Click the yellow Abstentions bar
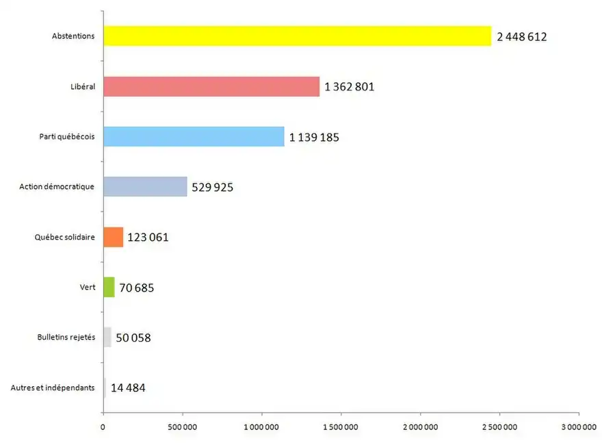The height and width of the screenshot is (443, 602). tap(297, 36)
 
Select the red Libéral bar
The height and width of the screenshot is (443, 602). tap(211, 86)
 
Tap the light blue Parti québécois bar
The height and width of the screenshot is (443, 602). tap(194, 136)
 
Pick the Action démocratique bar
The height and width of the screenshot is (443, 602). tap(145, 186)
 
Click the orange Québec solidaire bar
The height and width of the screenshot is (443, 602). tap(114, 237)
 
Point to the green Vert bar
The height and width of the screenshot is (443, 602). tap(109, 287)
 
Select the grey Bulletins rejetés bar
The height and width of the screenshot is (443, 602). tap(107, 338)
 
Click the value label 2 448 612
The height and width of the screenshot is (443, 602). tap(522, 37)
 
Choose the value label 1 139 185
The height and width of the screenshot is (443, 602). tap(314, 137)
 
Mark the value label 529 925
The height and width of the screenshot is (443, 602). tap(213, 187)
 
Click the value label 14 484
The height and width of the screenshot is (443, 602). tap(128, 388)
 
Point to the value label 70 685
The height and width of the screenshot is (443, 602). tap(137, 288)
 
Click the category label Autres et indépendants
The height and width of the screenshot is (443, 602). tap(53, 388)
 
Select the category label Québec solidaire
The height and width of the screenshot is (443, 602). tap(64, 237)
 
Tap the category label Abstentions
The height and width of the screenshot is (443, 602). tap(73, 36)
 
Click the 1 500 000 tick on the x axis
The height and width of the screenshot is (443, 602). tap(341, 427)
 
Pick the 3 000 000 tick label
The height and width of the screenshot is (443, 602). tap(578, 427)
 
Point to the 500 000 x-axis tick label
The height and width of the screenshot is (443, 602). tap(183, 427)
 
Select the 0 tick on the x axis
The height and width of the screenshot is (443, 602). tap(103, 427)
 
